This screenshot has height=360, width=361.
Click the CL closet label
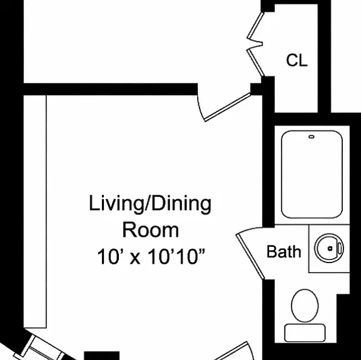(297, 60)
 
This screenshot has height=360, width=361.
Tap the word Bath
(283, 251)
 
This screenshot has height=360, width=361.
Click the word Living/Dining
(150, 204)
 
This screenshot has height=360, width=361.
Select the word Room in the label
(151, 230)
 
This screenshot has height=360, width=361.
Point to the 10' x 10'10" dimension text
(151, 256)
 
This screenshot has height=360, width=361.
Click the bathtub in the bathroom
(312, 174)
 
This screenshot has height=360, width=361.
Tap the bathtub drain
(312, 137)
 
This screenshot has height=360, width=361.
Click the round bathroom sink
(329, 248)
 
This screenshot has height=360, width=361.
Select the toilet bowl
(305, 306)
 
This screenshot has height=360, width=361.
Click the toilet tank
(305, 332)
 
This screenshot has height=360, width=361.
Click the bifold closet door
(255, 44)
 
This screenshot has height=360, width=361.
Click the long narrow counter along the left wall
(35, 211)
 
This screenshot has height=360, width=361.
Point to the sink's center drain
(330, 248)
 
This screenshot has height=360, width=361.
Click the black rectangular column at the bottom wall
(102, 356)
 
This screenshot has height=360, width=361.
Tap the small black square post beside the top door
(256, 89)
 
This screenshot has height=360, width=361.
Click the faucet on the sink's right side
(340, 248)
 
